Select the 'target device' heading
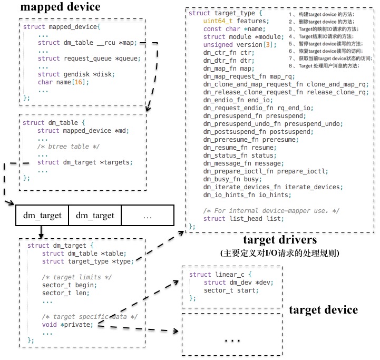[x=323, y=309]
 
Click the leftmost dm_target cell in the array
[x=42, y=215]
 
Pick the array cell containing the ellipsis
[x=148, y=215]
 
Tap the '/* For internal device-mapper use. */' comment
[x=271, y=211]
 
